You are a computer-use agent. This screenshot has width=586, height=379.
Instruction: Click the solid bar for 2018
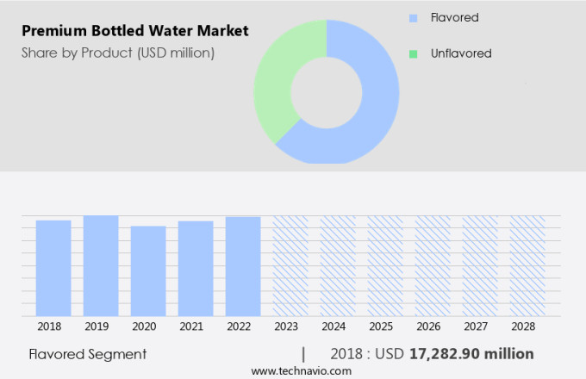click(x=53, y=268)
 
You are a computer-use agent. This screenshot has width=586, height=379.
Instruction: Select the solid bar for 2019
click(x=101, y=265)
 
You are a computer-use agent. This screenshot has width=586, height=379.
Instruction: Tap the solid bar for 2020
click(x=148, y=270)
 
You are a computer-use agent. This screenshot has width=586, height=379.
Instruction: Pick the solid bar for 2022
click(x=243, y=266)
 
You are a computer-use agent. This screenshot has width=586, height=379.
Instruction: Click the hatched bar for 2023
click(x=290, y=265)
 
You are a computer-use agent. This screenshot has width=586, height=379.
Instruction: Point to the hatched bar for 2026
click(x=433, y=265)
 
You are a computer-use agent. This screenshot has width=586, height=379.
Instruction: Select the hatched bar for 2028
click(x=527, y=265)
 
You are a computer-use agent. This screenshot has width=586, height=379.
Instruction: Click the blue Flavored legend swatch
click(x=413, y=17)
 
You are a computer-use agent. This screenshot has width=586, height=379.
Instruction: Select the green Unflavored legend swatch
click(x=413, y=53)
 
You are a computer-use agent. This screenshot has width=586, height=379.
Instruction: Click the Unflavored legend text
click(x=461, y=53)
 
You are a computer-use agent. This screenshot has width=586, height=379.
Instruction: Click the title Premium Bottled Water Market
click(x=134, y=31)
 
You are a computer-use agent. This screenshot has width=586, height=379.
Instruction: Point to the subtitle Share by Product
click(x=117, y=53)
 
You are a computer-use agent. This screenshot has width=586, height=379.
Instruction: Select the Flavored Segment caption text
click(x=87, y=354)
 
